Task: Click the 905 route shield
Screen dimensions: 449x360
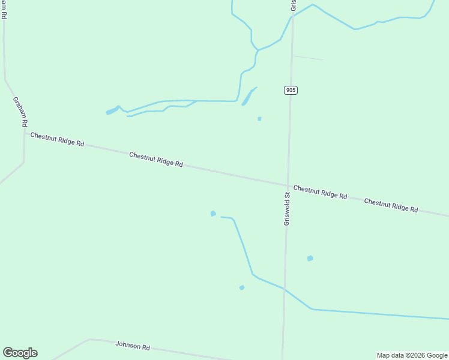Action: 291,90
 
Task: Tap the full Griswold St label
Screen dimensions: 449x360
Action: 287,209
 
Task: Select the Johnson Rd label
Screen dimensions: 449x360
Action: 133,346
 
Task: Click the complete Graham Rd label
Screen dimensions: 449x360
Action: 20,112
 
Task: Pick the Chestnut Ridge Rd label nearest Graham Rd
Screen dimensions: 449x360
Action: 57,140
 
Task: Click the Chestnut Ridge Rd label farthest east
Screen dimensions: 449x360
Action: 391,205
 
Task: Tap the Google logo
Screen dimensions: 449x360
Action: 20,353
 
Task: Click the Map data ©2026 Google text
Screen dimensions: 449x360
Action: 412,355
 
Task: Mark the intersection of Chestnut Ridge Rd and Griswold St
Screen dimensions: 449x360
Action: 288,185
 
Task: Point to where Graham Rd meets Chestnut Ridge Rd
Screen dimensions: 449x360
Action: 25,133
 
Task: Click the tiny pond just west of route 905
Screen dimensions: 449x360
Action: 259,119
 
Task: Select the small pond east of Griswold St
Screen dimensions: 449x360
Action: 310,258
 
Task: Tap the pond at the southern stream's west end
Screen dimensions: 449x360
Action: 213,214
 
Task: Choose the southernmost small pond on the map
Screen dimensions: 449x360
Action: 242,287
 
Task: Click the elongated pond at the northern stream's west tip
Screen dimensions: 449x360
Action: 112,110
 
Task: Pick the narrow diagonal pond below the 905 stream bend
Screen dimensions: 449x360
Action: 248,97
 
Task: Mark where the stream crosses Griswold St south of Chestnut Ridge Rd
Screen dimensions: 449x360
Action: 285,289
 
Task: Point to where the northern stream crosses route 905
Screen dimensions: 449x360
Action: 292,16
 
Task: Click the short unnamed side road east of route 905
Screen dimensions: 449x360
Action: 307,58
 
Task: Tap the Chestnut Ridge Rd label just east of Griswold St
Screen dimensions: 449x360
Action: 320,192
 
